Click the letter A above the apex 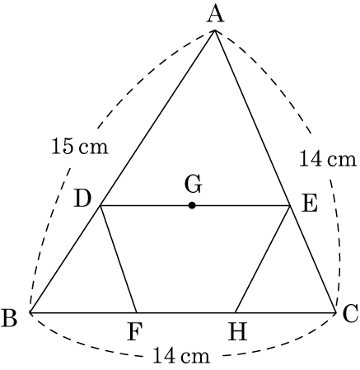point(216,15)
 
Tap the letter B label point(9,318)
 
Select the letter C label point(350,313)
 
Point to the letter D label point(82,199)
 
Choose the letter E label point(310,204)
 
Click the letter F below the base point(135,331)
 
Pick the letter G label point(194,185)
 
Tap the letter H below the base point(238,331)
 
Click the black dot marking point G point(192,205)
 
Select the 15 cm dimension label point(80,146)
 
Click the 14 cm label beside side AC point(328,158)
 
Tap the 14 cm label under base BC point(181,355)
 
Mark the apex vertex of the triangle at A point(215,30)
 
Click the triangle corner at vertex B point(30,312)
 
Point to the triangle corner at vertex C point(335,312)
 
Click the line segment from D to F point(119,259)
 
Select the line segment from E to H point(263,259)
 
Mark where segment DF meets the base point(137,312)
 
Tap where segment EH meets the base point(236,312)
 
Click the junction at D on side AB point(101,205)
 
